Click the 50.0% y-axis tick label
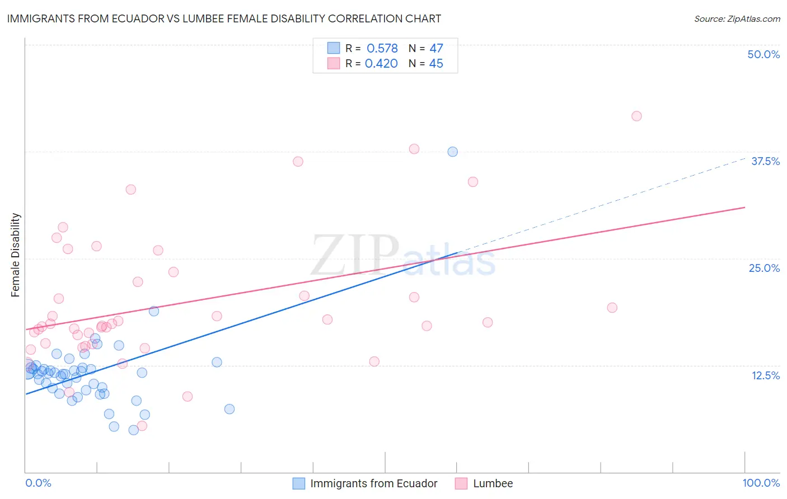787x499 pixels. pos(763,54)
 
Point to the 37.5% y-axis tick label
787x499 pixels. pos(765,161)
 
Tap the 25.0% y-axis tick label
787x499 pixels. pos(764,268)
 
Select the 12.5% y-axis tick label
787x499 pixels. pos(765,375)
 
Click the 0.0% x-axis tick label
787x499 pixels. pos(38,483)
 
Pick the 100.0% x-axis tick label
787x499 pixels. pos(761,483)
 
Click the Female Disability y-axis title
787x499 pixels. pos(16,255)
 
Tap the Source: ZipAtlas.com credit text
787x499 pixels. pos(737,18)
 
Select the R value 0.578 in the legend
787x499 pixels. pos(382,49)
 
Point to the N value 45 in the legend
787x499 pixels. pos(435,64)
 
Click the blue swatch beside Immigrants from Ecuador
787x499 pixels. pos(299,483)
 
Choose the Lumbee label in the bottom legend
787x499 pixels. pos(493,483)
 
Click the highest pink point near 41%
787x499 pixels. pos(636,116)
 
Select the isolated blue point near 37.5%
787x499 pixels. pos(453,152)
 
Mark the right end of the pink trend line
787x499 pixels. pos(745,208)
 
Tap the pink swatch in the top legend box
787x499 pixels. pos(334,64)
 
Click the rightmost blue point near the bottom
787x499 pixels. pos(229,409)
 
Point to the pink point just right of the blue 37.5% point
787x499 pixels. pos(473,182)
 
